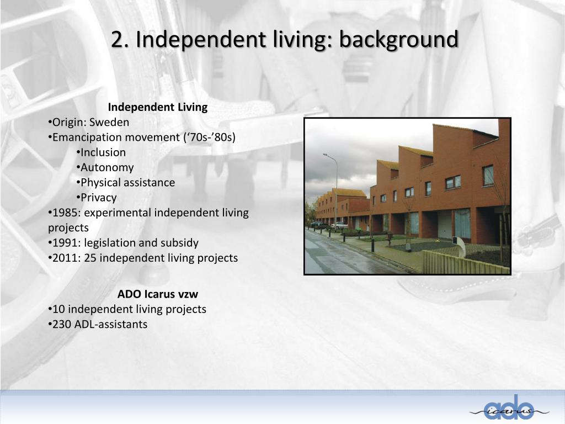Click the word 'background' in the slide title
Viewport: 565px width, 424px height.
point(398,40)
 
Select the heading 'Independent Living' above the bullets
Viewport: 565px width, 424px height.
point(157,107)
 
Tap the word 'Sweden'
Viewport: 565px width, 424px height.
point(109,122)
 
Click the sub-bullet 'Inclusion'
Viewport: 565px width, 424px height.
point(103,152)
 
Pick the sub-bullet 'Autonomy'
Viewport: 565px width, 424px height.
point(107,167)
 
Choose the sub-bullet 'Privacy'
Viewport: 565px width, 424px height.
point(99,198)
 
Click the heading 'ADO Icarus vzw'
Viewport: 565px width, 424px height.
point(157,294)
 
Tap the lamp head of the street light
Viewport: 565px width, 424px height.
point(326,155)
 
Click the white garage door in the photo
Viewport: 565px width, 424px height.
point(445,224)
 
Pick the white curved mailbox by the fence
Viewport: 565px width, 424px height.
point(459,247)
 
